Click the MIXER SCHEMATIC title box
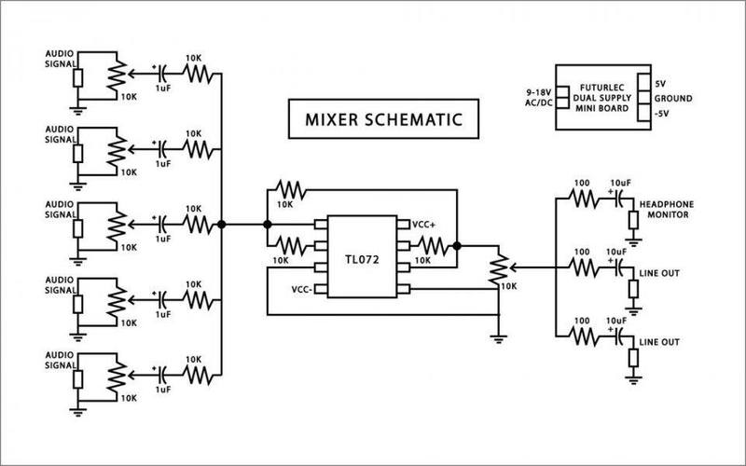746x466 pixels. click(x=377, y=121)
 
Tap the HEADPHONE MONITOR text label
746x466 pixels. click(x=668, y=208)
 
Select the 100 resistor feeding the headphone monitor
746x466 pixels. click(x=584, y=198)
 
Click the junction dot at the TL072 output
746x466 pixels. click(x=458, y=246)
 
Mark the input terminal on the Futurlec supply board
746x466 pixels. click(x=561, y=97)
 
